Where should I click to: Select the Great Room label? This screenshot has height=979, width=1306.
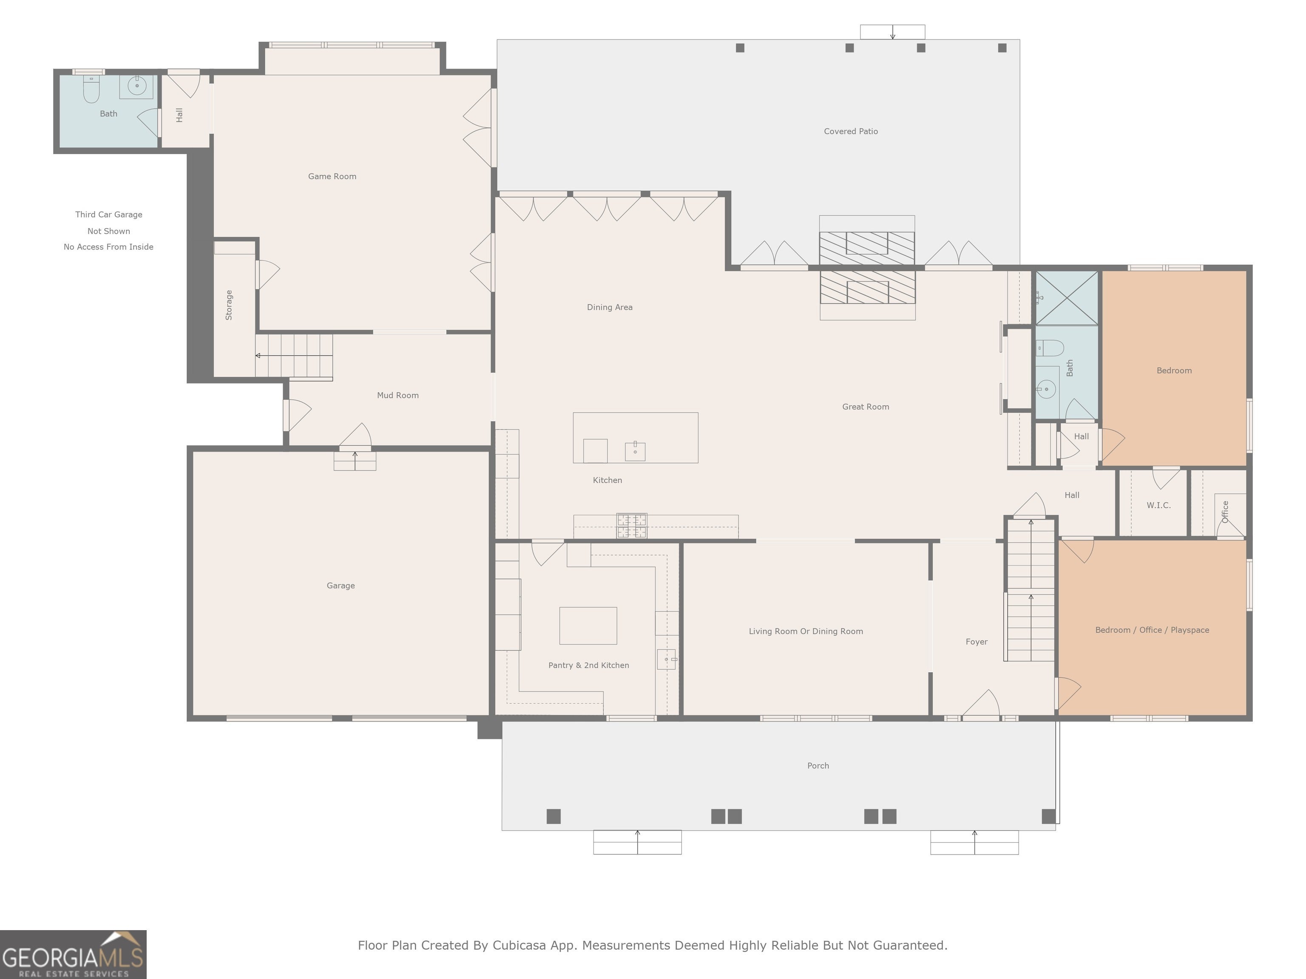[866, 407]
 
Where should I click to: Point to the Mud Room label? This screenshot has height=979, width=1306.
[398, 395]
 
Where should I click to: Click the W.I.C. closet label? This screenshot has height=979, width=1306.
[1158, 505]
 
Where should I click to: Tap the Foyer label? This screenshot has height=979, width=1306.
[977, 642]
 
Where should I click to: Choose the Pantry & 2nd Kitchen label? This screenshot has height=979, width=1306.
[589, 665]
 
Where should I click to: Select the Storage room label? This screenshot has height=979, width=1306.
[229, 305]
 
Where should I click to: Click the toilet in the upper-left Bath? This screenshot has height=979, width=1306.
[91, 88]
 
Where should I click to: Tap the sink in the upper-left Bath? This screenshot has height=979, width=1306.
[137, 86]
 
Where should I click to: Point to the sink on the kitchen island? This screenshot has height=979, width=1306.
[635, 451]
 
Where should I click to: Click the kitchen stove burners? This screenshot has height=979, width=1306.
[632, 526]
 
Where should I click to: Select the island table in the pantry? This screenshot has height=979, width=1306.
[588, 625]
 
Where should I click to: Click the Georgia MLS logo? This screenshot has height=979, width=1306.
[73, 955]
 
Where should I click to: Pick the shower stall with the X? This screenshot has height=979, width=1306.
[1067, 297]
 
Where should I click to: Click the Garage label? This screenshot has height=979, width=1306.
[341, 586]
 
